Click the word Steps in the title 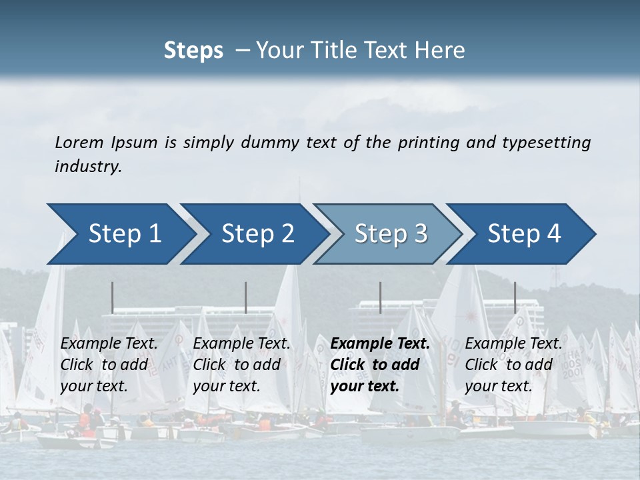pyautogui.click(x=193, y=50)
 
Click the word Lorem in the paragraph pyautogui.click(x=79, y=142)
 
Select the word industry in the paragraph pyautogui.click(x=88, y=167)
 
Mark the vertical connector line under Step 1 pyautogui.click(x=113, y=297)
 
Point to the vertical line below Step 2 pyautogui.click(x=246, y=297)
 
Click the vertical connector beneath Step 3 pyautogui.click(x=381, y=297)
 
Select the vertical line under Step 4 pyautogui.click(x=515, y=297)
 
